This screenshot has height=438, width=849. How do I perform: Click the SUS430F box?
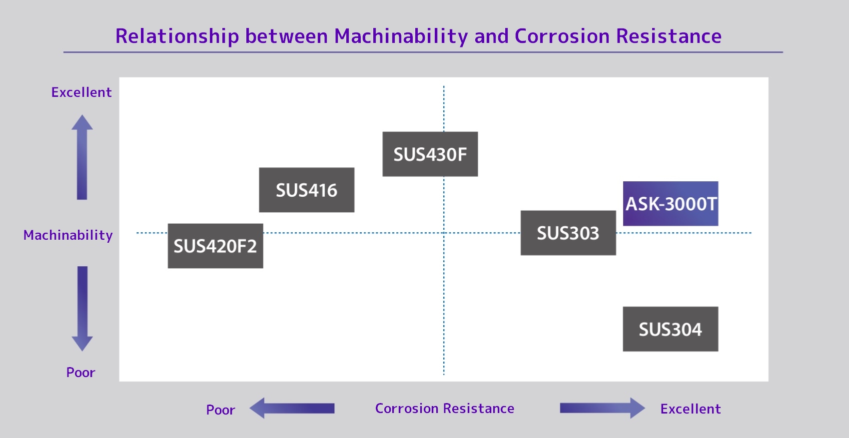430,154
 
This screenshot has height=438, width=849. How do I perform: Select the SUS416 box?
306,190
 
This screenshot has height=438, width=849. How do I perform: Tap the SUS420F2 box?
215,246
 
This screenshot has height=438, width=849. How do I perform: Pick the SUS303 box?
568,233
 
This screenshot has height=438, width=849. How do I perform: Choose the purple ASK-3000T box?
670,203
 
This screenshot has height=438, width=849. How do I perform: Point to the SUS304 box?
670,329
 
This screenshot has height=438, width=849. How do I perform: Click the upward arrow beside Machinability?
82,157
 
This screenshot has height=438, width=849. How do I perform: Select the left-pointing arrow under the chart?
292,408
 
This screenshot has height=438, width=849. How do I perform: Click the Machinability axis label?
68,235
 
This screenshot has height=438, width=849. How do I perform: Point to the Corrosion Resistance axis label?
444,409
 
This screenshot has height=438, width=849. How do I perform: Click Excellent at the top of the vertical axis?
81,92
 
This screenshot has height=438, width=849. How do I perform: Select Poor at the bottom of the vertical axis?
80,373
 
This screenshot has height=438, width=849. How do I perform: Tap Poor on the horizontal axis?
220,410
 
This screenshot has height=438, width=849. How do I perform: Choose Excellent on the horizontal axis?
690,409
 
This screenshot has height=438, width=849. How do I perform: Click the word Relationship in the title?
177,36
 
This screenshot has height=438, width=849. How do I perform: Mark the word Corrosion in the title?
562,36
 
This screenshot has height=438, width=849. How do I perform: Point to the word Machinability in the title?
401,36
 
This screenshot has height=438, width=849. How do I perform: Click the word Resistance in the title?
669,36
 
